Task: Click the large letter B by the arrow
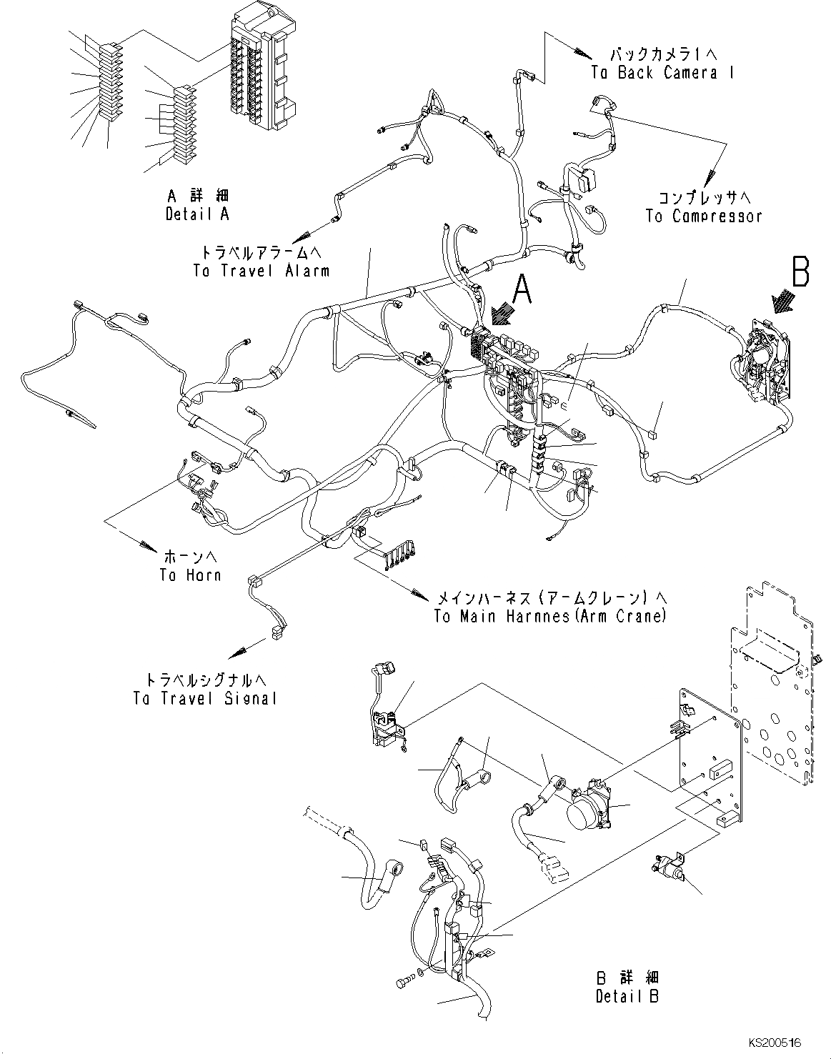click(x=800, y=272)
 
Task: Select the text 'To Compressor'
click(x=703, y=216)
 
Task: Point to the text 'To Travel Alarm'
click(x=261, y=271)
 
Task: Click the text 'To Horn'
click(x=190, y=575)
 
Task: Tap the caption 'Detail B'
click(x=627, y=996)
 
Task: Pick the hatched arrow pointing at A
click(x=502, y=313)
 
